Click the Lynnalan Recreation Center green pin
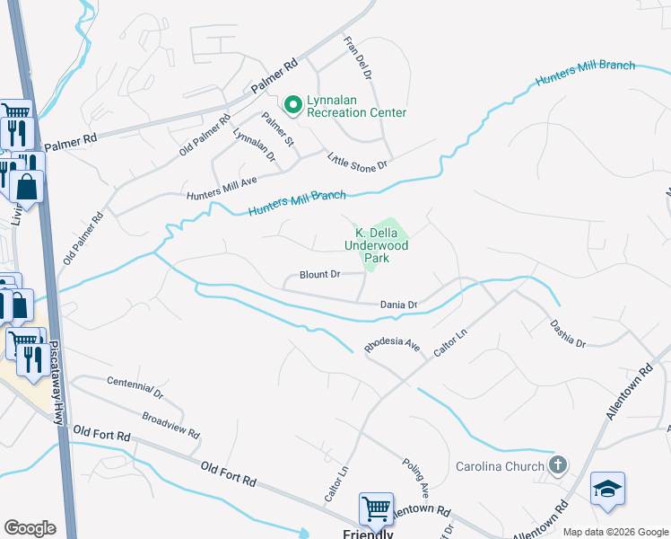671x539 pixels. pos(292,105)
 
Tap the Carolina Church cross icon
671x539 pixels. pos(557,465)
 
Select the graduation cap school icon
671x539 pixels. pos(607,489)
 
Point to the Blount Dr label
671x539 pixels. pos(320,275)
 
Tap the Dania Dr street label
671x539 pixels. pos(399,305)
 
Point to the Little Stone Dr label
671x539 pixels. pos(356,161)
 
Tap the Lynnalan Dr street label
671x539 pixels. pos(254,146)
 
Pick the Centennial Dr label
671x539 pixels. pos(135,387)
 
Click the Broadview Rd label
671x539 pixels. pos(170,424)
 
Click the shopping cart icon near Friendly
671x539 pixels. pos(376,508)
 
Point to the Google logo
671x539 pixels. pos(30,528)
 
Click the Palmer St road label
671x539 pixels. pos(277,129)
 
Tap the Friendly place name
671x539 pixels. pos(368,534)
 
